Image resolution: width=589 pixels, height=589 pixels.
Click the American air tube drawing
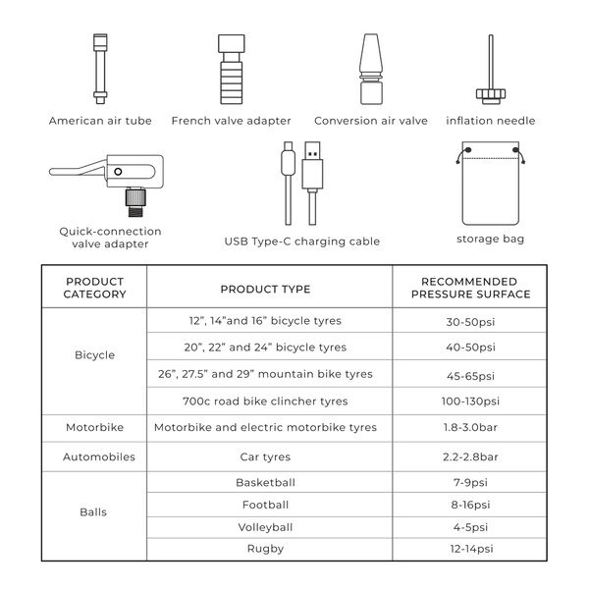(99, 70)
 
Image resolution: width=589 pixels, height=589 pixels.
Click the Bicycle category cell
(95, 354)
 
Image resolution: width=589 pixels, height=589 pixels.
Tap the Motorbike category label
(95, 427)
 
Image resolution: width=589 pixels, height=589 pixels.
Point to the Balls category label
(95, 511)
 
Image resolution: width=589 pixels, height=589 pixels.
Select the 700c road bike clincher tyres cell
(265, 401)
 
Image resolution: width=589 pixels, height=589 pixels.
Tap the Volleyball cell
(265, 527)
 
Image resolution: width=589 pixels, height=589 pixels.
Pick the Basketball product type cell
(265, 482)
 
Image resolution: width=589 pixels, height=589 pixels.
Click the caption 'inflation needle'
(490, 121)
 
